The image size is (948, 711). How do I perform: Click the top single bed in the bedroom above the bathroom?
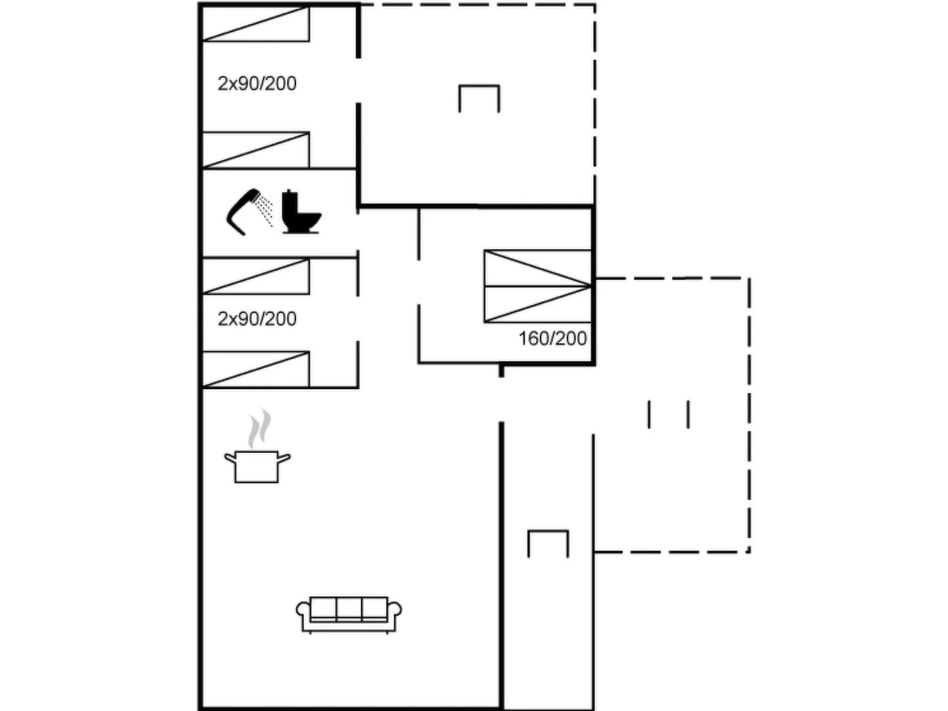point(256,24)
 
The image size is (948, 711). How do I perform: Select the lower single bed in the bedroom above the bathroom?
point(256,150)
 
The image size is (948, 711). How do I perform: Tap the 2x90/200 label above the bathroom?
point(257,84)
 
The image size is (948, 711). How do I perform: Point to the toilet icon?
point(300,212)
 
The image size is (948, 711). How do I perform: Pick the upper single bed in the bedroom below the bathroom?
point(256,276)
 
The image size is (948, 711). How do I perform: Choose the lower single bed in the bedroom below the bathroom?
point(256,369)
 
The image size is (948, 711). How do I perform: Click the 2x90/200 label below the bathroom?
point(257,319)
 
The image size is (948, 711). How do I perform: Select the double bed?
point(537,286)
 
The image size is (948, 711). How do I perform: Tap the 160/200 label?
point(553,339)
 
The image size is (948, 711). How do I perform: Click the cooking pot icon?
point(257,466)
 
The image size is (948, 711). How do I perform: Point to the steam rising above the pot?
point(259,428)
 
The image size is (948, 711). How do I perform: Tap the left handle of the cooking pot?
point(230,457)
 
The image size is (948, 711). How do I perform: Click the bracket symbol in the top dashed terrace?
point(479,97)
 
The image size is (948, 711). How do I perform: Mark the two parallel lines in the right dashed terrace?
point(669,414)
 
